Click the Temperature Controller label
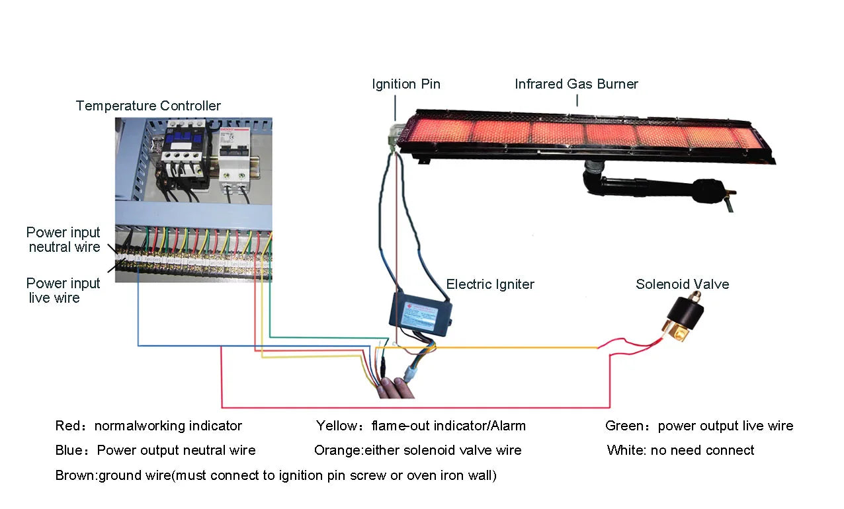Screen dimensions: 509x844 click(x=148, y=106)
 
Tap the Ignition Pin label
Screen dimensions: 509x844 click(x=405, y=84)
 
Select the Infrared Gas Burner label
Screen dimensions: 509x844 click(x=576, y=84)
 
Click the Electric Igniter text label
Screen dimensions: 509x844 click(x=490, y=284)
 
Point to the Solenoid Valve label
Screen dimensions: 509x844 click(x=682, y=284)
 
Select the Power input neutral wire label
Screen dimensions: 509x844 click(x=63, y=240)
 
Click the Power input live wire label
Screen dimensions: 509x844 click(x=63, y=291)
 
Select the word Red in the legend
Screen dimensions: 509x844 click(x=67, y=426)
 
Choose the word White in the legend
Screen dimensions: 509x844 click(x=624, y=451)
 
